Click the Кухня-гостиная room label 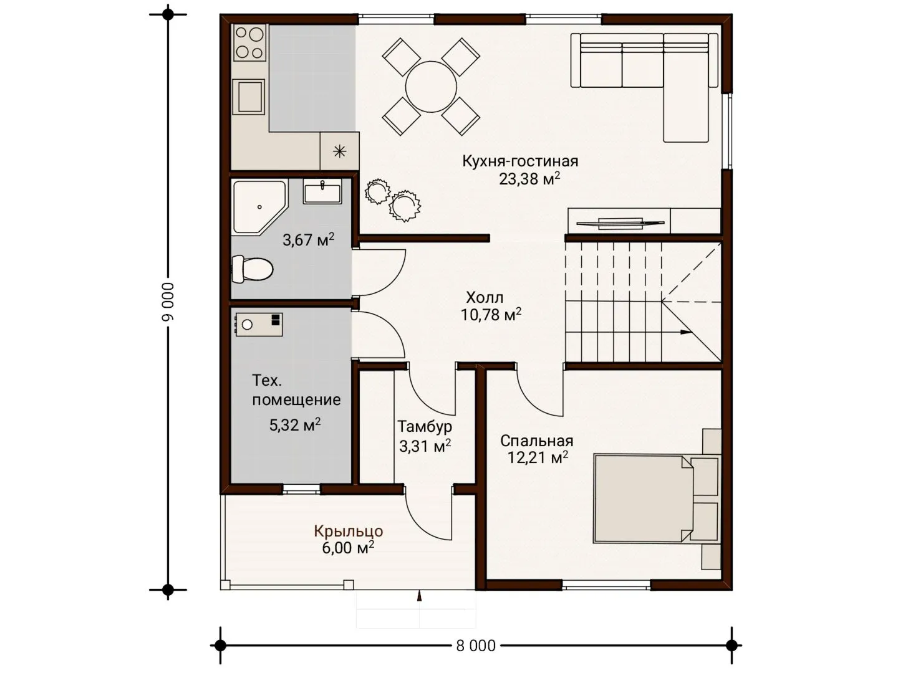(x=520, y=161)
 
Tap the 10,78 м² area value (x=491, y=315)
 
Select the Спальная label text (x=536, y=441)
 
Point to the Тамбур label (x=425, y=427)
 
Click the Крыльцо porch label (x=348, y=531)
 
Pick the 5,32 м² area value (x=294, y=425)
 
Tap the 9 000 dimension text (x=168, y=302)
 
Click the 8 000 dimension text (x=476, y=646)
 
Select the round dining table (x=431, y=87)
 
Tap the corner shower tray (x=259, y=207)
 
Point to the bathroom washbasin (x=322, y=191)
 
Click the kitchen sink (x=248, y=97)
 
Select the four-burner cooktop (x=249, y=42)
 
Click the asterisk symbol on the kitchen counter (x=340, y=151)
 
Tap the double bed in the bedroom (x=643, y=499)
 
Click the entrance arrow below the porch (x=419, y=596)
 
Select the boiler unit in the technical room (x=259, y=325)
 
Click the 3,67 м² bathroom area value (x=309, y=240)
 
